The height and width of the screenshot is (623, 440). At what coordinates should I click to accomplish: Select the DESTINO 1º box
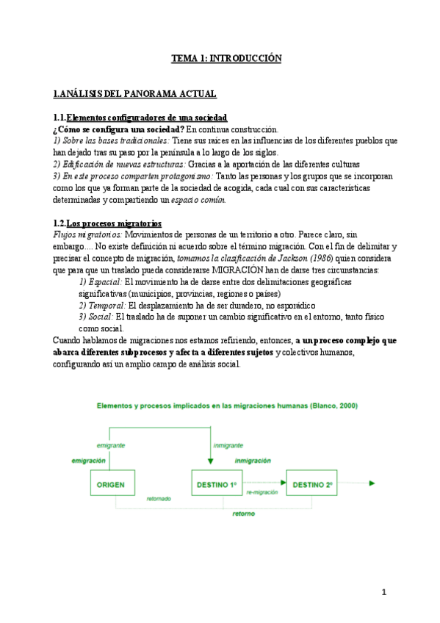coord(215,484)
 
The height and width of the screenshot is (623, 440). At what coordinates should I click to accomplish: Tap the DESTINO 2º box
coord(312,484)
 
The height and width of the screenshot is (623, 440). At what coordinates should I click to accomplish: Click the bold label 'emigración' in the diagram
coord(88,460)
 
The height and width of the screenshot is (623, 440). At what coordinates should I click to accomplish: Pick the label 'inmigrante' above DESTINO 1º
coord(228,445)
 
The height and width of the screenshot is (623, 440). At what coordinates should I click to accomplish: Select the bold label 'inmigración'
coord(253,460)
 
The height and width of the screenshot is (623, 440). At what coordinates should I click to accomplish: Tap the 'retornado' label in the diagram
coord(158,498)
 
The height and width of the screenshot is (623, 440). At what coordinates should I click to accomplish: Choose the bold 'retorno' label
coord(244,514)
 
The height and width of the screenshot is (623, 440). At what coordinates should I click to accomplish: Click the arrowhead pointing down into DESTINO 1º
coord(212,461)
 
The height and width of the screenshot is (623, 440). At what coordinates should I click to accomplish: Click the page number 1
coord(383,592)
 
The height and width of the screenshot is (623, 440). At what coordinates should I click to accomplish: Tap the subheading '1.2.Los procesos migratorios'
coord(107,223)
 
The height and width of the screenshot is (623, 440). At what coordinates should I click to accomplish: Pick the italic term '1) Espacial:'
coord(101,282)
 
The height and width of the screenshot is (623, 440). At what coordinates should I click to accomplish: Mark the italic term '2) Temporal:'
coord(103,305)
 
